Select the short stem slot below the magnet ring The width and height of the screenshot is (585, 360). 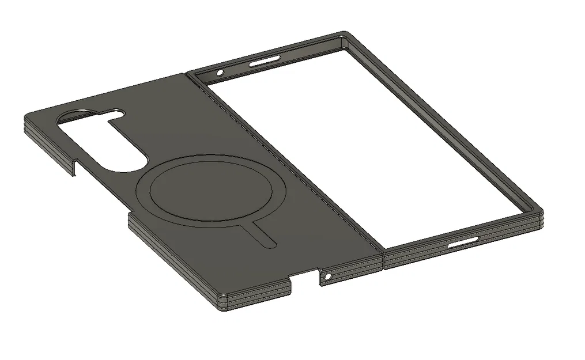263,236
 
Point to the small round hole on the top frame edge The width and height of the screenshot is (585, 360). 220,73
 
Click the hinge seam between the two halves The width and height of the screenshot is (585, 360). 288,167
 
